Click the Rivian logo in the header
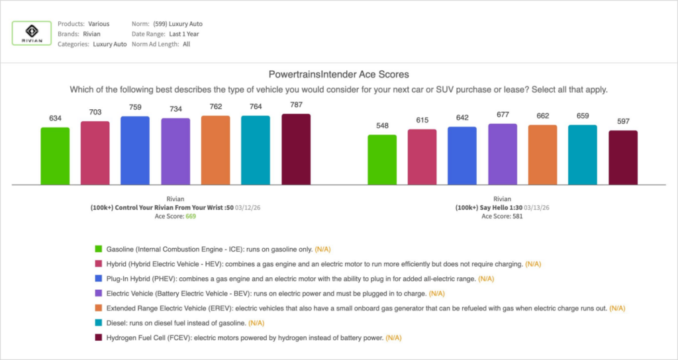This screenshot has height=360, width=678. coord(32,32)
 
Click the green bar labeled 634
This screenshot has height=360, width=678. coord(55,156)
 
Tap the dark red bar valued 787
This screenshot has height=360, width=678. coord(296,149)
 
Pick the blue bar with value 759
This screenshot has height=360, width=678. coord(135,150)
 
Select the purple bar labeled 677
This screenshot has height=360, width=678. coord(503,154)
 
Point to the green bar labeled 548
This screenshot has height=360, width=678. coord(382,159)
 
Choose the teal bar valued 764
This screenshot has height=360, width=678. coord(256,150)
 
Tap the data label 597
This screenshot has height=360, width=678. coord(623,123)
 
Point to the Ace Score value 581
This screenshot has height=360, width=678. coord(516,216)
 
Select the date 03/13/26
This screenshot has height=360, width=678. coord(537,207)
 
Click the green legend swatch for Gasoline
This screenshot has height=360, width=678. coord(99,249)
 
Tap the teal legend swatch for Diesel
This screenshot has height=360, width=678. coord(99,323)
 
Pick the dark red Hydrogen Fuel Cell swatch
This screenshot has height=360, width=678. coord(99,337)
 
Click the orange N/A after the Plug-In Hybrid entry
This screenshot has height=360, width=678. coord(487,279)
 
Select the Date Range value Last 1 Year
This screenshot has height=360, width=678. coord(184,34)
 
